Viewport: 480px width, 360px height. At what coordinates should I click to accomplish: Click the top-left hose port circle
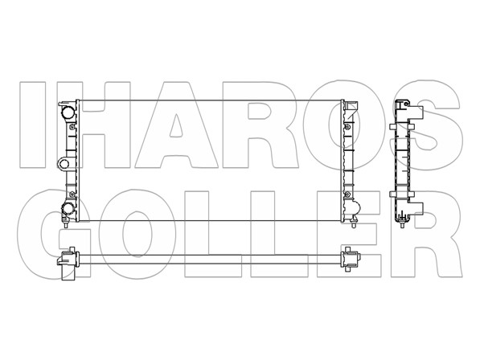coord(67,112)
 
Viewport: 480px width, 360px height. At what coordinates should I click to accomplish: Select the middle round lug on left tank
coord(64,164)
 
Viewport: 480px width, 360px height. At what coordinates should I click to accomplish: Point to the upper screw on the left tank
coord(72,127)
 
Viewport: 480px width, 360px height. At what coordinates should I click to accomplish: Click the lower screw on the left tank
coord(72,194)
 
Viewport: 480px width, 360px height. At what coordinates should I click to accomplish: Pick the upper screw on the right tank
coord(347,127)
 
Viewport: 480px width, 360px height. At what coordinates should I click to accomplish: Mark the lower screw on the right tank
coord(347,194)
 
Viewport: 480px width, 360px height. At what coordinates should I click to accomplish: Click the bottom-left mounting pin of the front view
coord(65,224)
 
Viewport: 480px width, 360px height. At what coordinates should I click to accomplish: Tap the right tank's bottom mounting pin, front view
coord(354,224)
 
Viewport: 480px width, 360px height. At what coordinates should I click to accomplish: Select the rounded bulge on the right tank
coord(356,209)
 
